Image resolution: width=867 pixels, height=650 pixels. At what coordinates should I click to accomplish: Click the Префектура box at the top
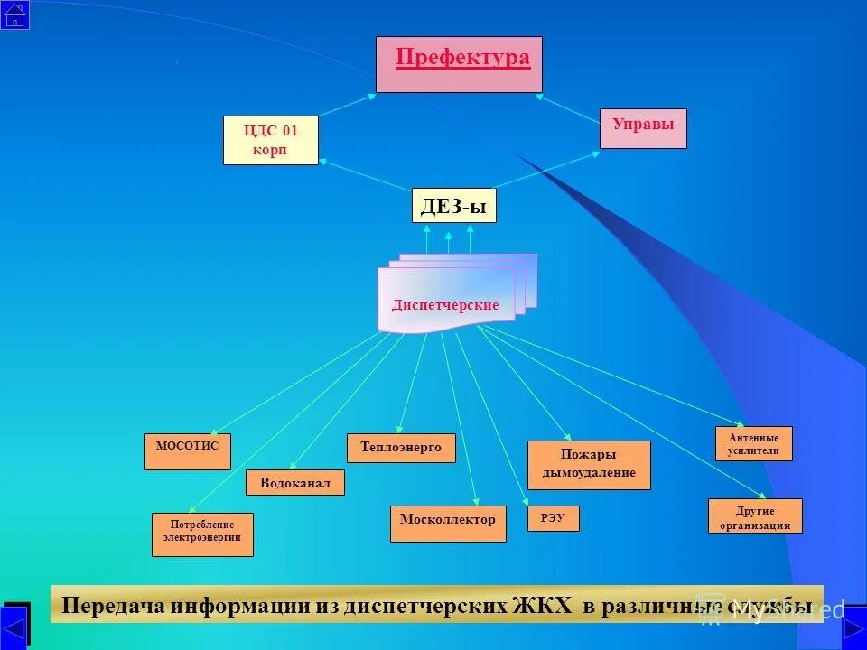(459, 64)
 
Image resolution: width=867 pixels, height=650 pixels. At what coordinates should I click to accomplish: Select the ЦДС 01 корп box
(270, 140)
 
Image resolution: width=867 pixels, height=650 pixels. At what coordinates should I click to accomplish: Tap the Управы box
(643, 127)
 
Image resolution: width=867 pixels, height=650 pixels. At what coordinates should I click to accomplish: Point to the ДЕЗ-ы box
(453, 206)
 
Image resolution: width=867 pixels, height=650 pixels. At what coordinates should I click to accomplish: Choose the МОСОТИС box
(187, 451)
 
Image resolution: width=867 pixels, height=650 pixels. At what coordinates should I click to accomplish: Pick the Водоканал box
(294, 483)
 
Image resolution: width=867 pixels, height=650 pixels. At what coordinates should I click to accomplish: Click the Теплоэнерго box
(401, 448)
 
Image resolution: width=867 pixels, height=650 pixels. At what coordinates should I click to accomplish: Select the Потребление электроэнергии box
(202, 534)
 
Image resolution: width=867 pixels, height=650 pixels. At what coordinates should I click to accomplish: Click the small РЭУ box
(553, 518)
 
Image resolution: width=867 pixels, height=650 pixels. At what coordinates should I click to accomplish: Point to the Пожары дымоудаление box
(589, 465)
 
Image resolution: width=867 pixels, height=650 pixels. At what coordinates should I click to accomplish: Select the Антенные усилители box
(753, 443)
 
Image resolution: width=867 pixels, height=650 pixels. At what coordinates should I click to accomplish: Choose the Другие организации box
(755, 515)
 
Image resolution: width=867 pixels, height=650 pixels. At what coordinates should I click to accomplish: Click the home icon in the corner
(14, 14)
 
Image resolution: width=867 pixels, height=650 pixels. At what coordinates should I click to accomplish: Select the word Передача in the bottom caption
(113, 605)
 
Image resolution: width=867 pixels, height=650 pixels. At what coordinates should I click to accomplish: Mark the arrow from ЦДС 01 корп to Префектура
(347, 106)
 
